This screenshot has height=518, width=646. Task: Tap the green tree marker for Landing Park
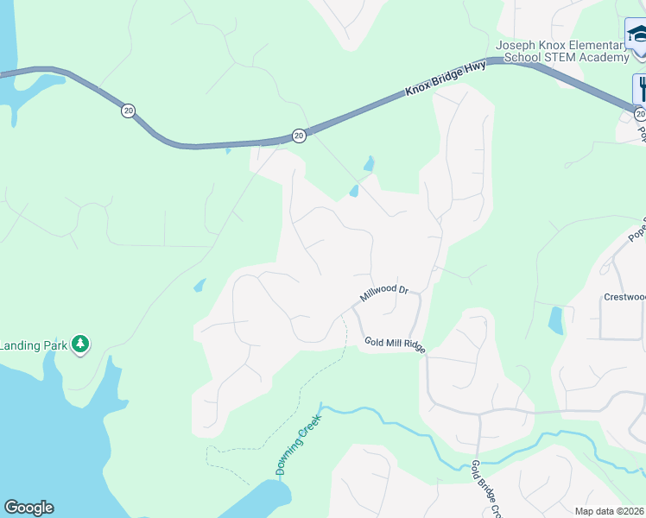pos(81,344)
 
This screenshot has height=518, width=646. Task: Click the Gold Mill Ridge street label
pos(395,343)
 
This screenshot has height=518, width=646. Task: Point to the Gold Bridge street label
pos(485,489)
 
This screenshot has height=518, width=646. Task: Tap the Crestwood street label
pos(624,297)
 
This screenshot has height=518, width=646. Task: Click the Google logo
pos(28,508)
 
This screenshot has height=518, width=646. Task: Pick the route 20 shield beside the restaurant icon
pos(639,114)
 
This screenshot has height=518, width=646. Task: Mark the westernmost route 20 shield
pos(128,111)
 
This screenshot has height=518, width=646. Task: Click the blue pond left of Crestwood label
pos(555,320)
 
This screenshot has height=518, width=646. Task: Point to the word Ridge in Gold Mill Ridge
pos(413,345)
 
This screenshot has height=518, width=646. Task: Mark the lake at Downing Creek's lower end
pos(259,501)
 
